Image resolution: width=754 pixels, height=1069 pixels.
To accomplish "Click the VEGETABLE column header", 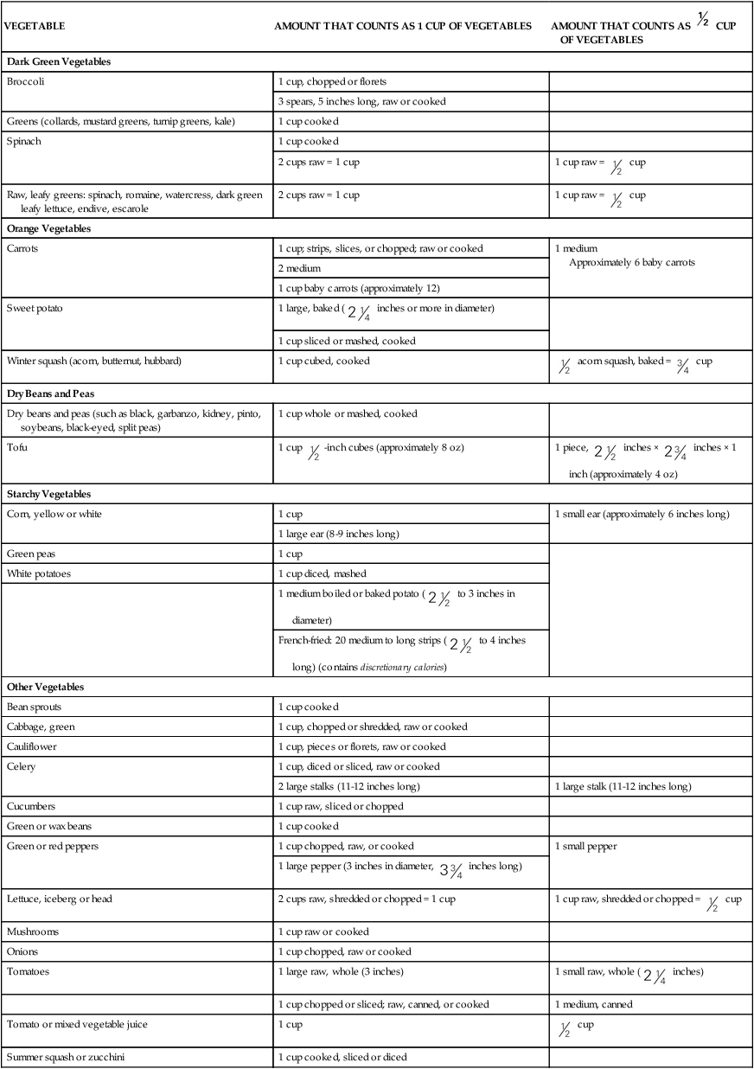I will (35, 26).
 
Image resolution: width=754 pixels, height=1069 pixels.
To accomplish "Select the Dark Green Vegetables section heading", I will (59, 62).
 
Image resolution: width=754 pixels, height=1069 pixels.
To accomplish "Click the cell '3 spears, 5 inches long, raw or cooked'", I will (361, 101).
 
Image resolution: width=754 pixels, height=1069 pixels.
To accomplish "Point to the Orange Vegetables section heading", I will (48, 229).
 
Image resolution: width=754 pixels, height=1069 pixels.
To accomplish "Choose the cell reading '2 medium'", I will (298, 268).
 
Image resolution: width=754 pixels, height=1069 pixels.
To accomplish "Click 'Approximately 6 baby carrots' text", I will (632, 262).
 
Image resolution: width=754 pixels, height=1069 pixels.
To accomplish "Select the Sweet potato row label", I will (34, 308).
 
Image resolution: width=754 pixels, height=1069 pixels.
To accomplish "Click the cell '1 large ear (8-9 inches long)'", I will (338, 534).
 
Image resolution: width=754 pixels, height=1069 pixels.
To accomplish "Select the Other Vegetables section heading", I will (45, 687).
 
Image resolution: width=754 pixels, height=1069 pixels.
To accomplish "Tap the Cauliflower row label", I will (32, 746).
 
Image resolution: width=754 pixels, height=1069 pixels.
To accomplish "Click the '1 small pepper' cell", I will (585, 846).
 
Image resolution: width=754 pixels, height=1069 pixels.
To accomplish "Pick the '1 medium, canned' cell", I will (593, 1004).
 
